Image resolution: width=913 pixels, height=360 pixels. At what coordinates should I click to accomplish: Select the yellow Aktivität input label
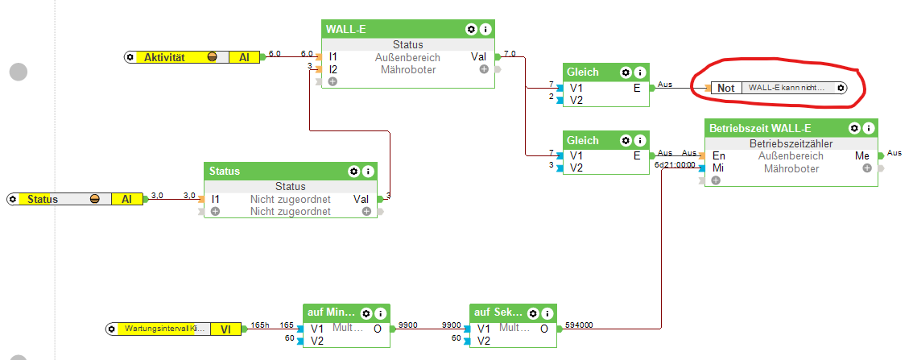coord(165,57)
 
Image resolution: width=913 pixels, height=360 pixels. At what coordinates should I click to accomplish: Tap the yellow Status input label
coord(43,199)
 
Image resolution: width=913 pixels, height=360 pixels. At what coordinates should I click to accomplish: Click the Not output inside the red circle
coord(726,88)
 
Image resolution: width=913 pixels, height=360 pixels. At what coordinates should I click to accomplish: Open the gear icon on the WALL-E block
coord(471,29)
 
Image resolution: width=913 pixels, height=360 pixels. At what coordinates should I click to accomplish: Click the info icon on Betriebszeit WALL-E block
coord(868,128)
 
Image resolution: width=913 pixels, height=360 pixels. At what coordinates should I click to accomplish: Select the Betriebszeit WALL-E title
coord(760,128)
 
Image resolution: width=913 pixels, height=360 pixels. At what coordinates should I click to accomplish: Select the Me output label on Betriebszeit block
coord(861,156)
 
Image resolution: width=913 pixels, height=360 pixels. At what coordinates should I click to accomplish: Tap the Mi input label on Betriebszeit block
coord(718,168)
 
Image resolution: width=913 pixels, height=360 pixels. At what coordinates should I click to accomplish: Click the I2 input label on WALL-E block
coord(333,69)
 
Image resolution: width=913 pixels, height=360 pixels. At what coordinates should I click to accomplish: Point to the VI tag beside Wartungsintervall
coord(226,329)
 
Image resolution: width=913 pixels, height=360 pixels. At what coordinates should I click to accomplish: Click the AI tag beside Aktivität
coord(244,57)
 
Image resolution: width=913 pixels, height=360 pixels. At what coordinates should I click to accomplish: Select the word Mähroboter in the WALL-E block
coord(407,69)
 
